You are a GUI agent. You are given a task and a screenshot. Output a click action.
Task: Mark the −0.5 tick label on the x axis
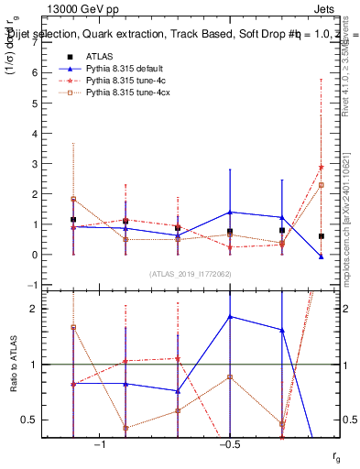[x=229, y=445]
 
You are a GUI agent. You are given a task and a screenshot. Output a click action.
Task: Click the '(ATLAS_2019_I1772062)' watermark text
[x=190, y=273]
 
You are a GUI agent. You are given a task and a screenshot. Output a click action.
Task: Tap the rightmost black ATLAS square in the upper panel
[x=321, y=236]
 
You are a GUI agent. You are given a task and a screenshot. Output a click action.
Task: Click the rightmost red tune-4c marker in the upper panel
[x=321, y=168]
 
